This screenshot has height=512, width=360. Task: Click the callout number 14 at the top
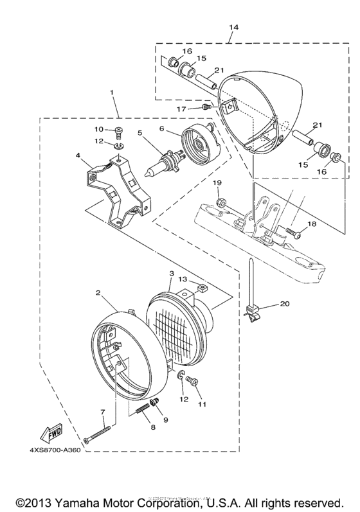click(232, 28)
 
